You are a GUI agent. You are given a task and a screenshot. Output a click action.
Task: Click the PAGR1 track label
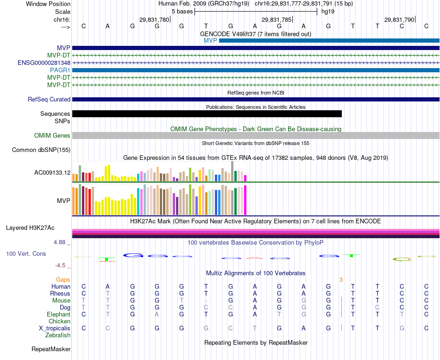[60, 70]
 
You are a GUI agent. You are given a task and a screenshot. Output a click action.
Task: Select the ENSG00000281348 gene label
[44, 63]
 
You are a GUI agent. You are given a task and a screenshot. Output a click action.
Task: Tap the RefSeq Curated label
[49, 99]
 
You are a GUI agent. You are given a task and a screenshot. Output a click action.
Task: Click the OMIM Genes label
[52, 136]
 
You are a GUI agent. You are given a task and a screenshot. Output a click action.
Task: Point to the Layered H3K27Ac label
[30, 227]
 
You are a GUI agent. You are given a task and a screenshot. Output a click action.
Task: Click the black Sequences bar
[207, 114]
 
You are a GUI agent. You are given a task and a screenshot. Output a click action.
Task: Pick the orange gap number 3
[341, 279]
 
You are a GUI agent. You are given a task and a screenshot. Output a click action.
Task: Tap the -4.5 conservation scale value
[61, 265]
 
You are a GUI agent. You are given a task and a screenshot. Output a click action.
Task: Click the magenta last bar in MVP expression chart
[245, 200]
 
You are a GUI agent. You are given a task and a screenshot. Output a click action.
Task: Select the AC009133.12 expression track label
[52, 173]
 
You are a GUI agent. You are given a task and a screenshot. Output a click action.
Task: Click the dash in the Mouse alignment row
[206, 300]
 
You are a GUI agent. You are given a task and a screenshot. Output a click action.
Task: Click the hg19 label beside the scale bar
[327, 11]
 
